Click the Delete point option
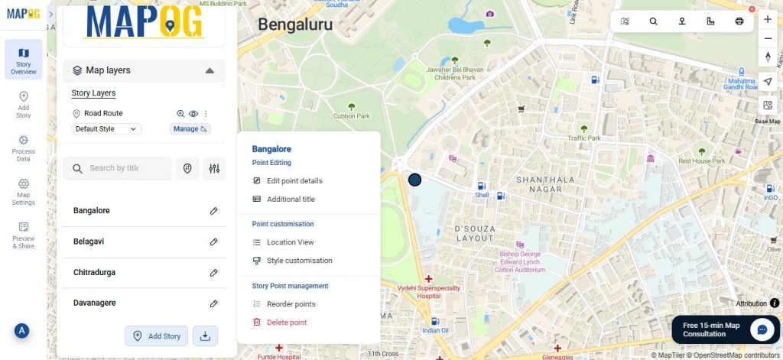pos(286,323)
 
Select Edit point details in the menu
pos(294,181)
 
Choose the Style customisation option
pos(299,261)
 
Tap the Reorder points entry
pos(291,304)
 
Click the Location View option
pos(290,242)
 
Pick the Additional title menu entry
pos(291,199)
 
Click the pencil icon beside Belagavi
pos(214,242)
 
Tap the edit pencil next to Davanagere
pos(214,303)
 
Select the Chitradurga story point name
pos(94,272)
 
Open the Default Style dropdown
pos(106,129)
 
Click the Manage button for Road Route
pos(190,129)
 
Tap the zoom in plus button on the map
pos(768,19)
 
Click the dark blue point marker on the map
pos(414,180)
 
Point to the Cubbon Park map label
pos(352,116)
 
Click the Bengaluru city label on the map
pos(295,24)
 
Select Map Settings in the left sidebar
pos(23,192)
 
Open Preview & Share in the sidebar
pos(23,235)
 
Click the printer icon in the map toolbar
pos(739,21)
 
